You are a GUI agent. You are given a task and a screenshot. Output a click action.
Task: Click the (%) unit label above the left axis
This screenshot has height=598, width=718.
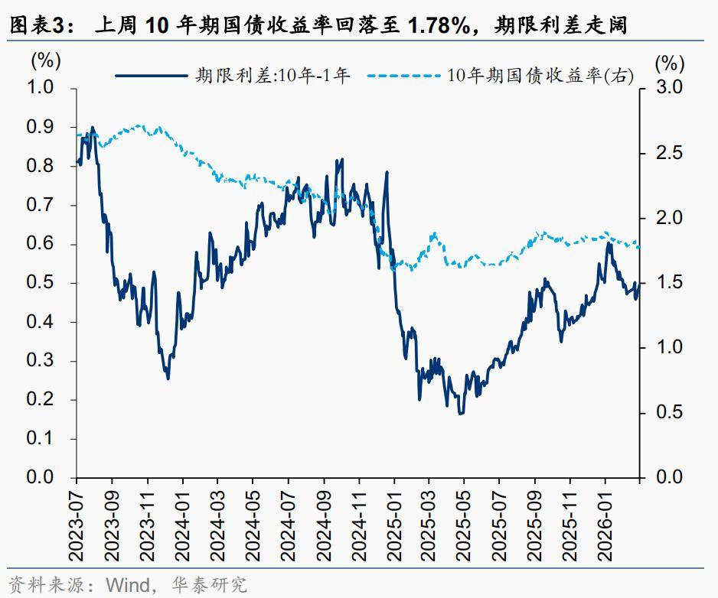(x=46, y=59)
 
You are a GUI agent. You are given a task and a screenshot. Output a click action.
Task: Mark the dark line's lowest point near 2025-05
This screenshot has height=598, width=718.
(x=460, y=414)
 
